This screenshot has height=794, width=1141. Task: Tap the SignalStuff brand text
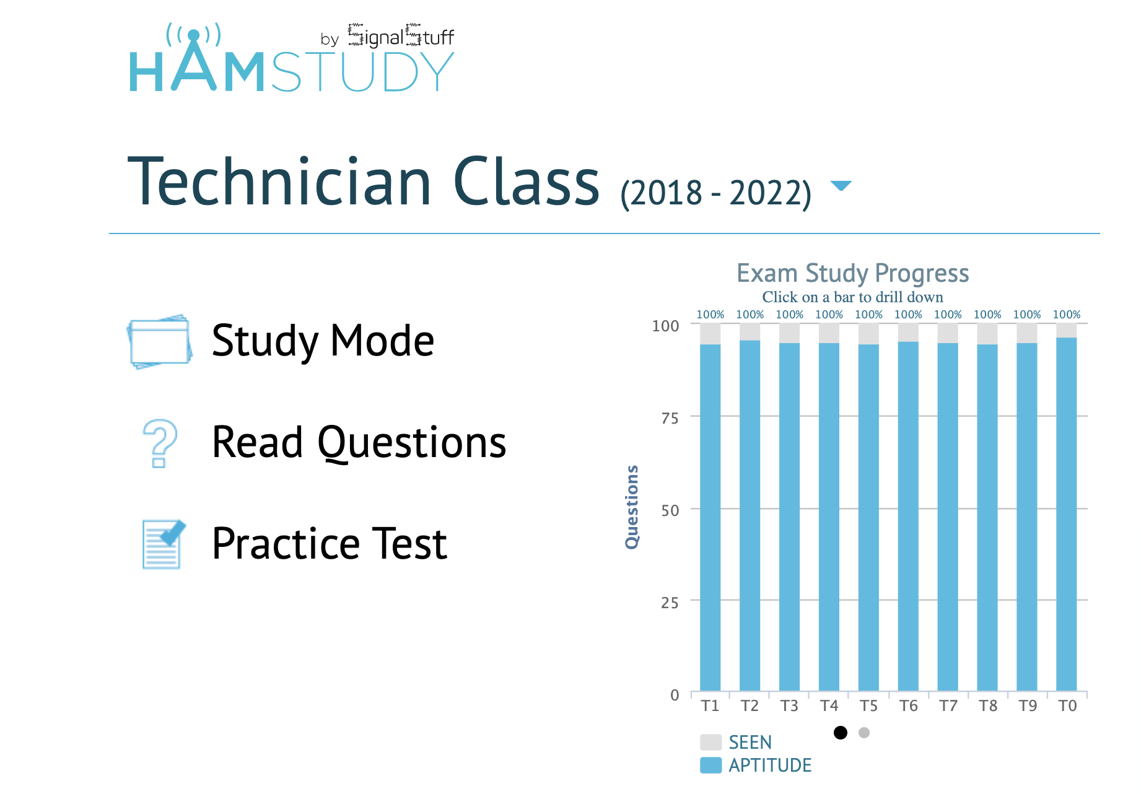coord(401,36)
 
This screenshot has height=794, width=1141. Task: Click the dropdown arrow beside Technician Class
coord(841,186)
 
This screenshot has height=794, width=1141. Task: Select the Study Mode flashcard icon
coord(160,341)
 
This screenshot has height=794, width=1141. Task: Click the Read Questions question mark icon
coord(160,443)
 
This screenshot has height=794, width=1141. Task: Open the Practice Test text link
coord(330,544)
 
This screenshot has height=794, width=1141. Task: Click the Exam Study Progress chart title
coord(852,273)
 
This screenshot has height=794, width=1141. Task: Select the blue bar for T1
coord(710,517)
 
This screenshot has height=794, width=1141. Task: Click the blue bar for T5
coord(868,517)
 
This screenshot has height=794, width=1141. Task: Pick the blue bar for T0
coord(1067,514)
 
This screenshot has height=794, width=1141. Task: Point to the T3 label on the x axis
coord(789,706)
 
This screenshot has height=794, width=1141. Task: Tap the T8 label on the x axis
coord(988,706)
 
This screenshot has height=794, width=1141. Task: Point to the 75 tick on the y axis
coord(670,418)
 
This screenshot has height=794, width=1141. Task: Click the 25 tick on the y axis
coord(670,602)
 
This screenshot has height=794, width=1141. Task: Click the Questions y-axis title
coord(632,507)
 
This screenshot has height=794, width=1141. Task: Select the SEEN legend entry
coord(736,742)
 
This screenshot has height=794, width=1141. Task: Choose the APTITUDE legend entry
coord(756,765)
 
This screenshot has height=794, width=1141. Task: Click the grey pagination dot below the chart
coord(864,733)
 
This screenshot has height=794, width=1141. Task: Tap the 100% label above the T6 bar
coord(908,315)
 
